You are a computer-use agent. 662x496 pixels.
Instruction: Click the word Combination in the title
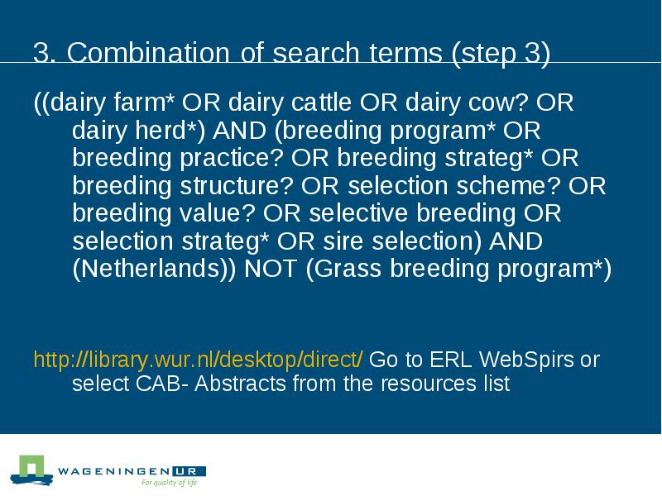click(148, 53)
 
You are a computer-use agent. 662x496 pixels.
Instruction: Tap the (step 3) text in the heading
click(501, 54)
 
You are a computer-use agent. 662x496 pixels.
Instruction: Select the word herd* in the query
click(170, 130)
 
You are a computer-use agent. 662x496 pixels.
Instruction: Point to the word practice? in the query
click(232, 158)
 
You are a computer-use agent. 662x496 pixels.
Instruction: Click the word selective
click(358, 213)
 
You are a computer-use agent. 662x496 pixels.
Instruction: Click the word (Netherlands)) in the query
click(154, 269)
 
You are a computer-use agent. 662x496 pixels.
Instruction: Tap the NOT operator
click(271, 269)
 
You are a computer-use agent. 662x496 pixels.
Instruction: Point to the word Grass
click(348, 269)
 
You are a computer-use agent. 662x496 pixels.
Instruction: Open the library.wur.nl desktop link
click(198, 360)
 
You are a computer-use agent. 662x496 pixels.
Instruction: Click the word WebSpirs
click(526, 360)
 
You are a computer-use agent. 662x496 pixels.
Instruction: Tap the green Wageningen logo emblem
click(31, 470)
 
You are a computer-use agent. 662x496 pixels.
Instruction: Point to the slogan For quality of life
click(169, 482)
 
